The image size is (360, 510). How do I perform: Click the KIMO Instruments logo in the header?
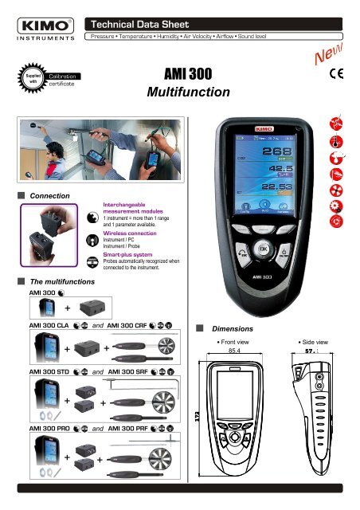[x=44, y=26]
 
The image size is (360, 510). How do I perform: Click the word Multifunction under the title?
[x=188, y=93]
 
